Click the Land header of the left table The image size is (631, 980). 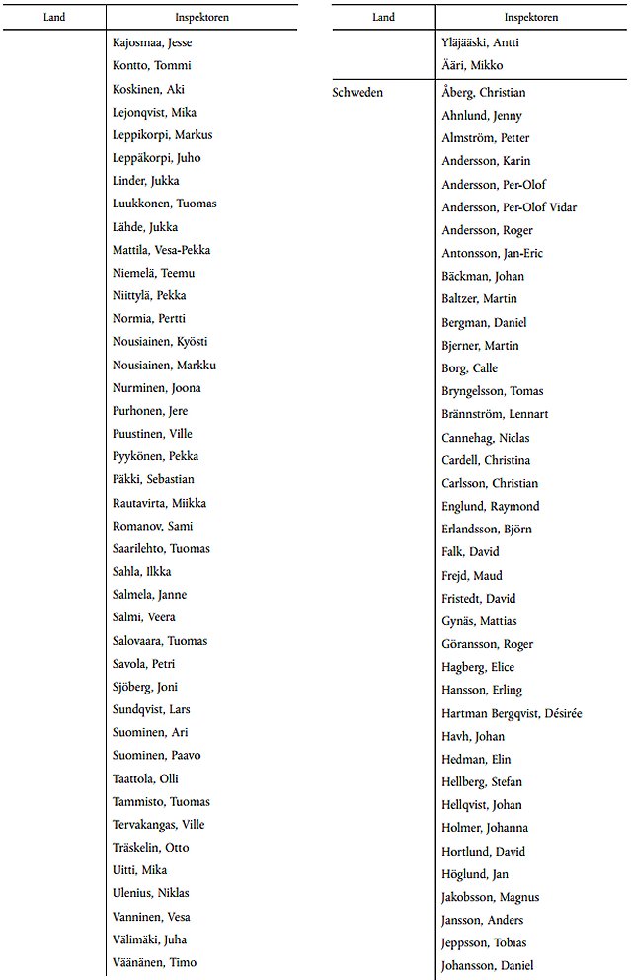pyautogui.click(x=53, y=17)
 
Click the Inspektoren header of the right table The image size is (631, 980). pyautogui.click(x=530, y=17)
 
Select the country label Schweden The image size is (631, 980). pyautogui.click(x=357, y=93)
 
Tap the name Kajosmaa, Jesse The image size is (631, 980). pyautogui.click(x=152, y=43)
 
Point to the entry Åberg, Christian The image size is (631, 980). pyautogui.click(x=484, y=93)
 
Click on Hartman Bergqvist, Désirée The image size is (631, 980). pyautogui.click(x=512, y=713)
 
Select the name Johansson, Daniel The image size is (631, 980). pyautogui.click(x=488, y=965)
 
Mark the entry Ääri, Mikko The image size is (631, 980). pyautogui.click(x=472, y=66)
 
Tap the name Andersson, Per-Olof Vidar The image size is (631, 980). pyautogui.click(x=509, y=207)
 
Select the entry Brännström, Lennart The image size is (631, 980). pyautogui.click(x=495, y=414)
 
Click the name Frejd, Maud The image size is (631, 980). pyautogui.click(x=472, y=575)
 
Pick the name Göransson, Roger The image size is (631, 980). pyautogui.click(x=487, y=644)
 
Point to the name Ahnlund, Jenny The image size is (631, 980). pyautogui.click(x=482, y=116)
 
